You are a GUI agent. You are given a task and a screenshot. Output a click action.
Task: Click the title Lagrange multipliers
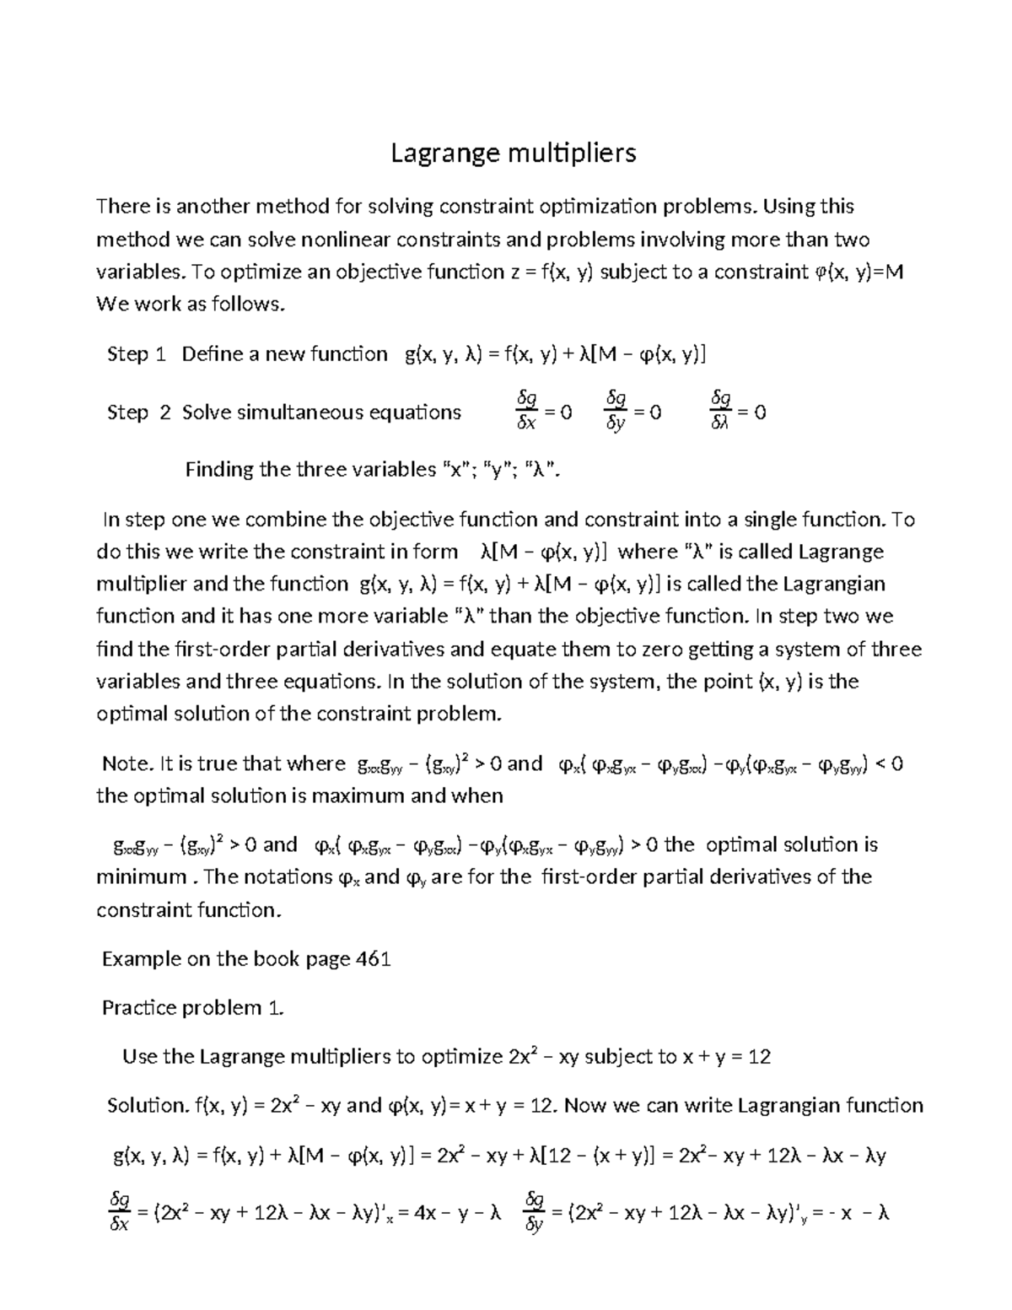click(512, 153)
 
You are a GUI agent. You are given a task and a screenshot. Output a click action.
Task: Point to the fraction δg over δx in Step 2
click(526, 411)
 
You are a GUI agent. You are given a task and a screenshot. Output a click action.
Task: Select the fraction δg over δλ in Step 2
click(721, 411)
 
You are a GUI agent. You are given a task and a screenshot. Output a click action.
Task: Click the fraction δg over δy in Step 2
click(616, 411)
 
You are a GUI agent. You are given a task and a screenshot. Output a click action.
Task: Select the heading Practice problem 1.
click(193, 1007)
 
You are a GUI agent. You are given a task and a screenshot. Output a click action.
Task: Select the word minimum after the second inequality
click(141, 876)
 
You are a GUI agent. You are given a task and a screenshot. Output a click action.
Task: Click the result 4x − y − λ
click(456, 1214)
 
